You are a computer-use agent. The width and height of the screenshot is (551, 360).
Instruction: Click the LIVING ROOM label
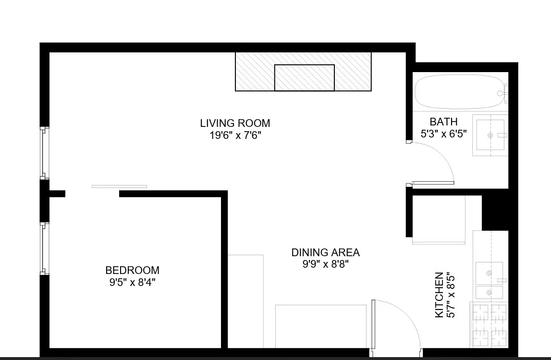tap(235, 123)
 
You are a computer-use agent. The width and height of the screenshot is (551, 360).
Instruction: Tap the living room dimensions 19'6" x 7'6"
tap(235, 135)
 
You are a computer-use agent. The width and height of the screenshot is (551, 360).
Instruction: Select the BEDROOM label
tap(132, 270)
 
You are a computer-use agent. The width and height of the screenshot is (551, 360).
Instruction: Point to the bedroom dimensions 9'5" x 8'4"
tap(132, 282)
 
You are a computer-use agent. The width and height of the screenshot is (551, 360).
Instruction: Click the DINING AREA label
tap(325, 252)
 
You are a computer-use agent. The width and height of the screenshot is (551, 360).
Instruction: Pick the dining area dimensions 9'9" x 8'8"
tap(325, 264)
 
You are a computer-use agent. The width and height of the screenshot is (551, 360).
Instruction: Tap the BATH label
tap(443, 122)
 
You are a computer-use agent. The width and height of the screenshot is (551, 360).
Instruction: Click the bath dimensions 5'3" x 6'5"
tap(444, 134)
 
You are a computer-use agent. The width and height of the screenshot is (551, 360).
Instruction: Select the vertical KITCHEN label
tap(439, 295)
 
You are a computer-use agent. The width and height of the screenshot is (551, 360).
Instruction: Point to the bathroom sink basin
tap(490, 136)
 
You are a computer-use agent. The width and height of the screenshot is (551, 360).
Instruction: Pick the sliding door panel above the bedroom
tap(119, 186)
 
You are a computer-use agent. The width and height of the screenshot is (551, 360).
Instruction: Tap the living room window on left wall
tap(44, 153)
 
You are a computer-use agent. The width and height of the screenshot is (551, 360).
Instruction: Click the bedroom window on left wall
tap(44, 248)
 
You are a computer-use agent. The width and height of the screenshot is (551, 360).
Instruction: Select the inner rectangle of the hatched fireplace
tap(304, 77)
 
